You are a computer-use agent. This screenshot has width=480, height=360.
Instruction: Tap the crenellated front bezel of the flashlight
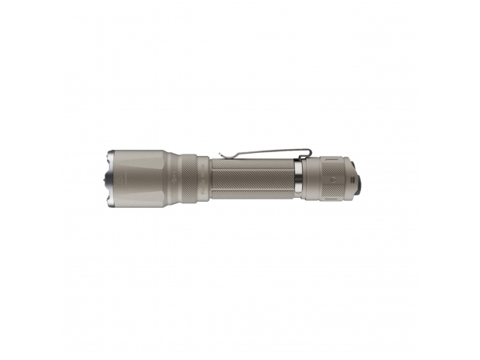[x=105, y=177]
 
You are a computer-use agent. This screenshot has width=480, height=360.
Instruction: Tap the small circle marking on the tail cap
[x=331, y=175]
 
